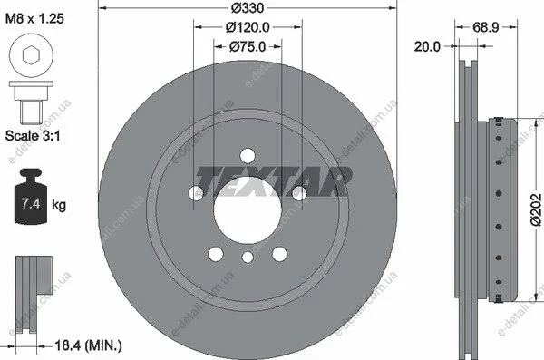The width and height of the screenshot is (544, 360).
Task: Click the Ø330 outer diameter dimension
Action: pos(248,7)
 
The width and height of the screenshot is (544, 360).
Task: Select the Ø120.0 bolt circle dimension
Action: pos(248,27)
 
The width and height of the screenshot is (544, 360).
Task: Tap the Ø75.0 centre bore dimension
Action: pos(248,46)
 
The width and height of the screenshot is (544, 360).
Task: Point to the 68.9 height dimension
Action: pos(486,26)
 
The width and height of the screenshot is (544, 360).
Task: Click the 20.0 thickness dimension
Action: pos(427,46)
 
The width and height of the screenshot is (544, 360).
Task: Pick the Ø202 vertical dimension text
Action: pos(536,209)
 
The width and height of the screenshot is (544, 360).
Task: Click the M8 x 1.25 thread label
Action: pos(34,18)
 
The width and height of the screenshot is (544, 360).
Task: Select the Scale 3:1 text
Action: pos(33,135)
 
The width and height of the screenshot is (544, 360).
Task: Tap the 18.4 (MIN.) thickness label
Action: pos(89,345)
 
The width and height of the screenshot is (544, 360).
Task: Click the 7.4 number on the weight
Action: pos(31,203)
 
